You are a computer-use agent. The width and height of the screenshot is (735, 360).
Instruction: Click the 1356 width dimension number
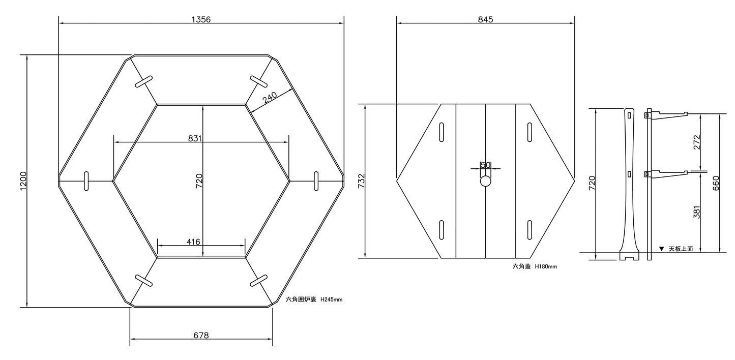(x=201, y=19)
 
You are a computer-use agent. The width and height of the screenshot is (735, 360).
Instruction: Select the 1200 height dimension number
(x=23, y=181)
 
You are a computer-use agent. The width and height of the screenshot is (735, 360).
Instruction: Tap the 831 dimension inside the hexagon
(x=195, y=138)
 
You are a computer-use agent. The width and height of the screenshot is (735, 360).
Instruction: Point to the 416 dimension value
(x=193, y=242)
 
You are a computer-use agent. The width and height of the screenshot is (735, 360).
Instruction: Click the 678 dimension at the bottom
(x=201, y=335)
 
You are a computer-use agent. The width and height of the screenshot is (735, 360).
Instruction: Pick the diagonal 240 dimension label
(x=270, y=98)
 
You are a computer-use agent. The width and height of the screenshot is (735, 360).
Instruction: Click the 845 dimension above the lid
(x=485, y=19)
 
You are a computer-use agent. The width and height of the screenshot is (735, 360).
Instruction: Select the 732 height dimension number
(x=361, y=181)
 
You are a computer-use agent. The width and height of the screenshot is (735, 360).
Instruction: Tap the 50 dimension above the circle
(x=486, y=165)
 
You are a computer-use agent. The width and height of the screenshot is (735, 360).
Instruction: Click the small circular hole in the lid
(x=486, y=181)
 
